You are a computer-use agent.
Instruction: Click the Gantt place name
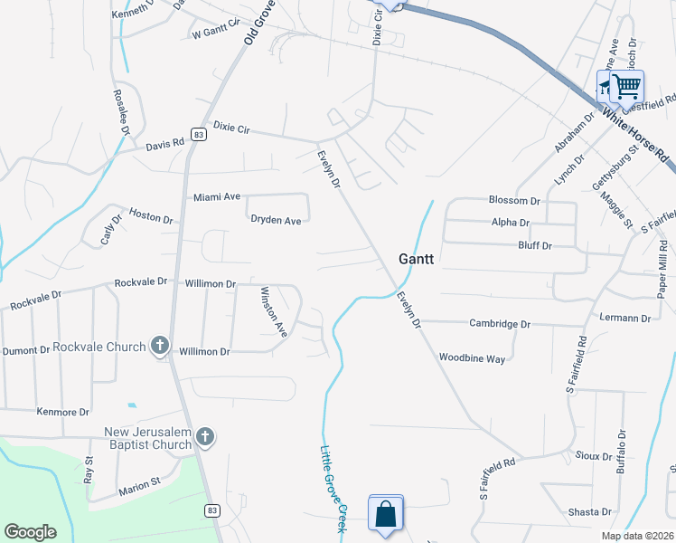pyautogui.click(x=417, y=259)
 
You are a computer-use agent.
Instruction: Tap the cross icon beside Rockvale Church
pyautogui.click(x=160, y=346)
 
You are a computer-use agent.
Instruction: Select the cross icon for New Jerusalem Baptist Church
pyautogui.click(x=205, y=438)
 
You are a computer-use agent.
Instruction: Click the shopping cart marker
pyautogui.click(x=626, y=87)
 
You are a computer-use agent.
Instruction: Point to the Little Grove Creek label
pyautogui.click(x=331, y=487)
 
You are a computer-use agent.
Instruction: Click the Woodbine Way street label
pyautogui.click(x=472, y=358)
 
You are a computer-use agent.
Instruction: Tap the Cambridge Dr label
pyautogui.click(x=500, y=323)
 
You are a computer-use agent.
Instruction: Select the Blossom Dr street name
pyautogui.click(x=513, y=200)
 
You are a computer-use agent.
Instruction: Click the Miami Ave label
pyautogui.click(x=217, y=196)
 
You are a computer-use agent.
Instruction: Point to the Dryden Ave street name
pyautogui.click(x=276, y=220)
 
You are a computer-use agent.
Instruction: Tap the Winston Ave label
pyautogui.click(x=273, y=312)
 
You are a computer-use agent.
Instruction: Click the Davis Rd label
pyautogui.click(x=165, y=142)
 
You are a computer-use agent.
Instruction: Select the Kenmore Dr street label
pyautogui.click(x=62, y=412)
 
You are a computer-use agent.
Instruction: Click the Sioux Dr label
pyautogui.click(x=593, y=458)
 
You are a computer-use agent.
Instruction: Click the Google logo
pyautogui.click(x=30, y=532)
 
